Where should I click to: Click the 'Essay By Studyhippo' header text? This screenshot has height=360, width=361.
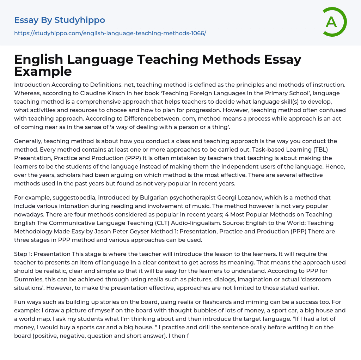coord(60,20)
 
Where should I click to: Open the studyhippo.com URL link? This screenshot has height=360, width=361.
coord(110,33)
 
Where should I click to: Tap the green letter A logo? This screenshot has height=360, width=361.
coord(331,22)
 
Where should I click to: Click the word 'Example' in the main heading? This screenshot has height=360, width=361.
coord(43,71)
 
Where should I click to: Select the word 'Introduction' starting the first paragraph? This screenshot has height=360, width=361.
coord(32,85)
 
